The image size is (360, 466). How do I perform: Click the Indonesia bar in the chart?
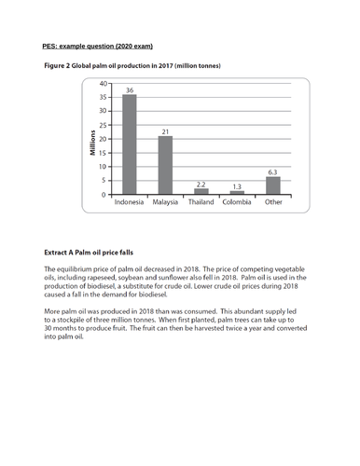pos(130,144)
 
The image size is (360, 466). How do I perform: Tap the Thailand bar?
pos(201,191)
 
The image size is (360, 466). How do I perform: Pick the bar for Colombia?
pos(237,193)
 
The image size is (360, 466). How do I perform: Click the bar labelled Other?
pos(272,185)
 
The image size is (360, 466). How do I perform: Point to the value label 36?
pos(130,89)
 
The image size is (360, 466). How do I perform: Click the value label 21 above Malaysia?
pos(165,131)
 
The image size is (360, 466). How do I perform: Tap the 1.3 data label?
pos(237,186)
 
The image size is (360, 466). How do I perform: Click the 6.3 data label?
pos(272,172)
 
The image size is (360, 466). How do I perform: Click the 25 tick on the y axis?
pos(104,125)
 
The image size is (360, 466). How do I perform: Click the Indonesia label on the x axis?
pos(130,203)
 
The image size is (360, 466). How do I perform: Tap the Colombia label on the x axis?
pos(237,203)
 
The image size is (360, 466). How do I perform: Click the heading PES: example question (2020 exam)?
pos(98,46)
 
